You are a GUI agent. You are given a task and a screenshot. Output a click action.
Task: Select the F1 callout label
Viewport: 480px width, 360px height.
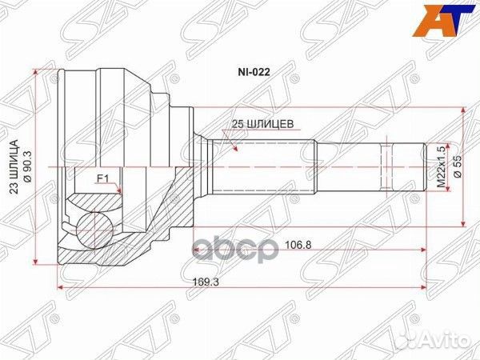[x=102, y=178]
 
